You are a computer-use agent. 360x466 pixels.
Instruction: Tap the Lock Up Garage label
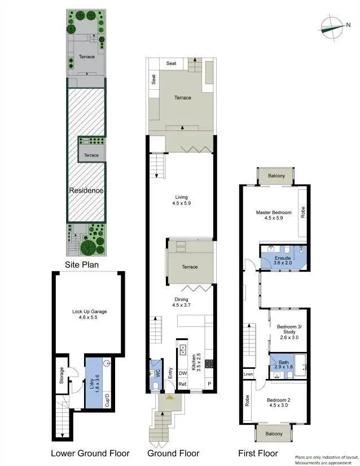click(x=89, y=315)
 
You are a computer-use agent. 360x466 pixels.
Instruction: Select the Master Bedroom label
click(x=274, y=216)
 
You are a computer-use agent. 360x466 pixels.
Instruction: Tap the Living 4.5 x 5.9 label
click(x=182, y=200)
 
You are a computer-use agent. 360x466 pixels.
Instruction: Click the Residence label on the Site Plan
click(x=86, y=190)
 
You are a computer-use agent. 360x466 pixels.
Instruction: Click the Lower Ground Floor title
click(x=90, y=453)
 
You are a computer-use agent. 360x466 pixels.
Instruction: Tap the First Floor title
click(x=258, y=453)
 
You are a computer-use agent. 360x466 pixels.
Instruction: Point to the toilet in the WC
click(x=156, y=386)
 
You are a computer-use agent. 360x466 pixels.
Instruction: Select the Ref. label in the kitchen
click(x=183, y=385)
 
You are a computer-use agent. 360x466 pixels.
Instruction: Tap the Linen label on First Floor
click(x=248, y=374)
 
